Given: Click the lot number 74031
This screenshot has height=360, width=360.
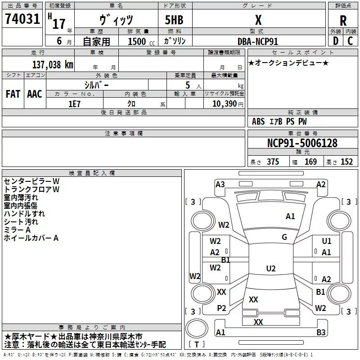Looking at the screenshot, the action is tap(22, 18).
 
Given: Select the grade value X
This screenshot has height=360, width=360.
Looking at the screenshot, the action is tap(258, 20).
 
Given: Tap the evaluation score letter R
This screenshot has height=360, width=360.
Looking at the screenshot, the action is tap(343, 21).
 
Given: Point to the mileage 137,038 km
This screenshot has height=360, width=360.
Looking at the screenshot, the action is tap(53, 64).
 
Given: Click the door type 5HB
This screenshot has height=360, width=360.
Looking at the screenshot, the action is tap(174, 20).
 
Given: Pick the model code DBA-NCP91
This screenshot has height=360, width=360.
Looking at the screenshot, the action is tap(258, 41).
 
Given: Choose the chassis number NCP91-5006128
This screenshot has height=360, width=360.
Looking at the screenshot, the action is tap(302, 143).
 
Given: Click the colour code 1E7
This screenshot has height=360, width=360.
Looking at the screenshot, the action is tap(74, 104).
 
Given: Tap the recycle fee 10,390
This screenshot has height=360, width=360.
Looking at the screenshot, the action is tap(225, 104).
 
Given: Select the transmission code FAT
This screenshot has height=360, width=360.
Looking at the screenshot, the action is tap(13, 94).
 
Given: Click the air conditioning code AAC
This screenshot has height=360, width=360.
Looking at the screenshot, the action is tap(35, 94).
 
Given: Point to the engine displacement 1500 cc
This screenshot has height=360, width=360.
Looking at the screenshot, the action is tap(141, 41).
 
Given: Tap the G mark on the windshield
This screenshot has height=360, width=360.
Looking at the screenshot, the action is tap(284, 237).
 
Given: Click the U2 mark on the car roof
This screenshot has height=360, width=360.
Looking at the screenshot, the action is tap(271, 268).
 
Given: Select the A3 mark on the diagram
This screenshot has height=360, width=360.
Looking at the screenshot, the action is tap(220, 184).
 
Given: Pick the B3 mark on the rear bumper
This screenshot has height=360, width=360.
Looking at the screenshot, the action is tap(321, 332).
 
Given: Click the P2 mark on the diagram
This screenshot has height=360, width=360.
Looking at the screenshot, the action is tap(221, 308).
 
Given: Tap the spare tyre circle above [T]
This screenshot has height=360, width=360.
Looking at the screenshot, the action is tap(197, 328).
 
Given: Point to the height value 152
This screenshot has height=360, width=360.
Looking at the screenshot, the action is tap(346, 162).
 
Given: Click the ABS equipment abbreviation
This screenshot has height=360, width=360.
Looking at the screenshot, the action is tap(258, 121).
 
